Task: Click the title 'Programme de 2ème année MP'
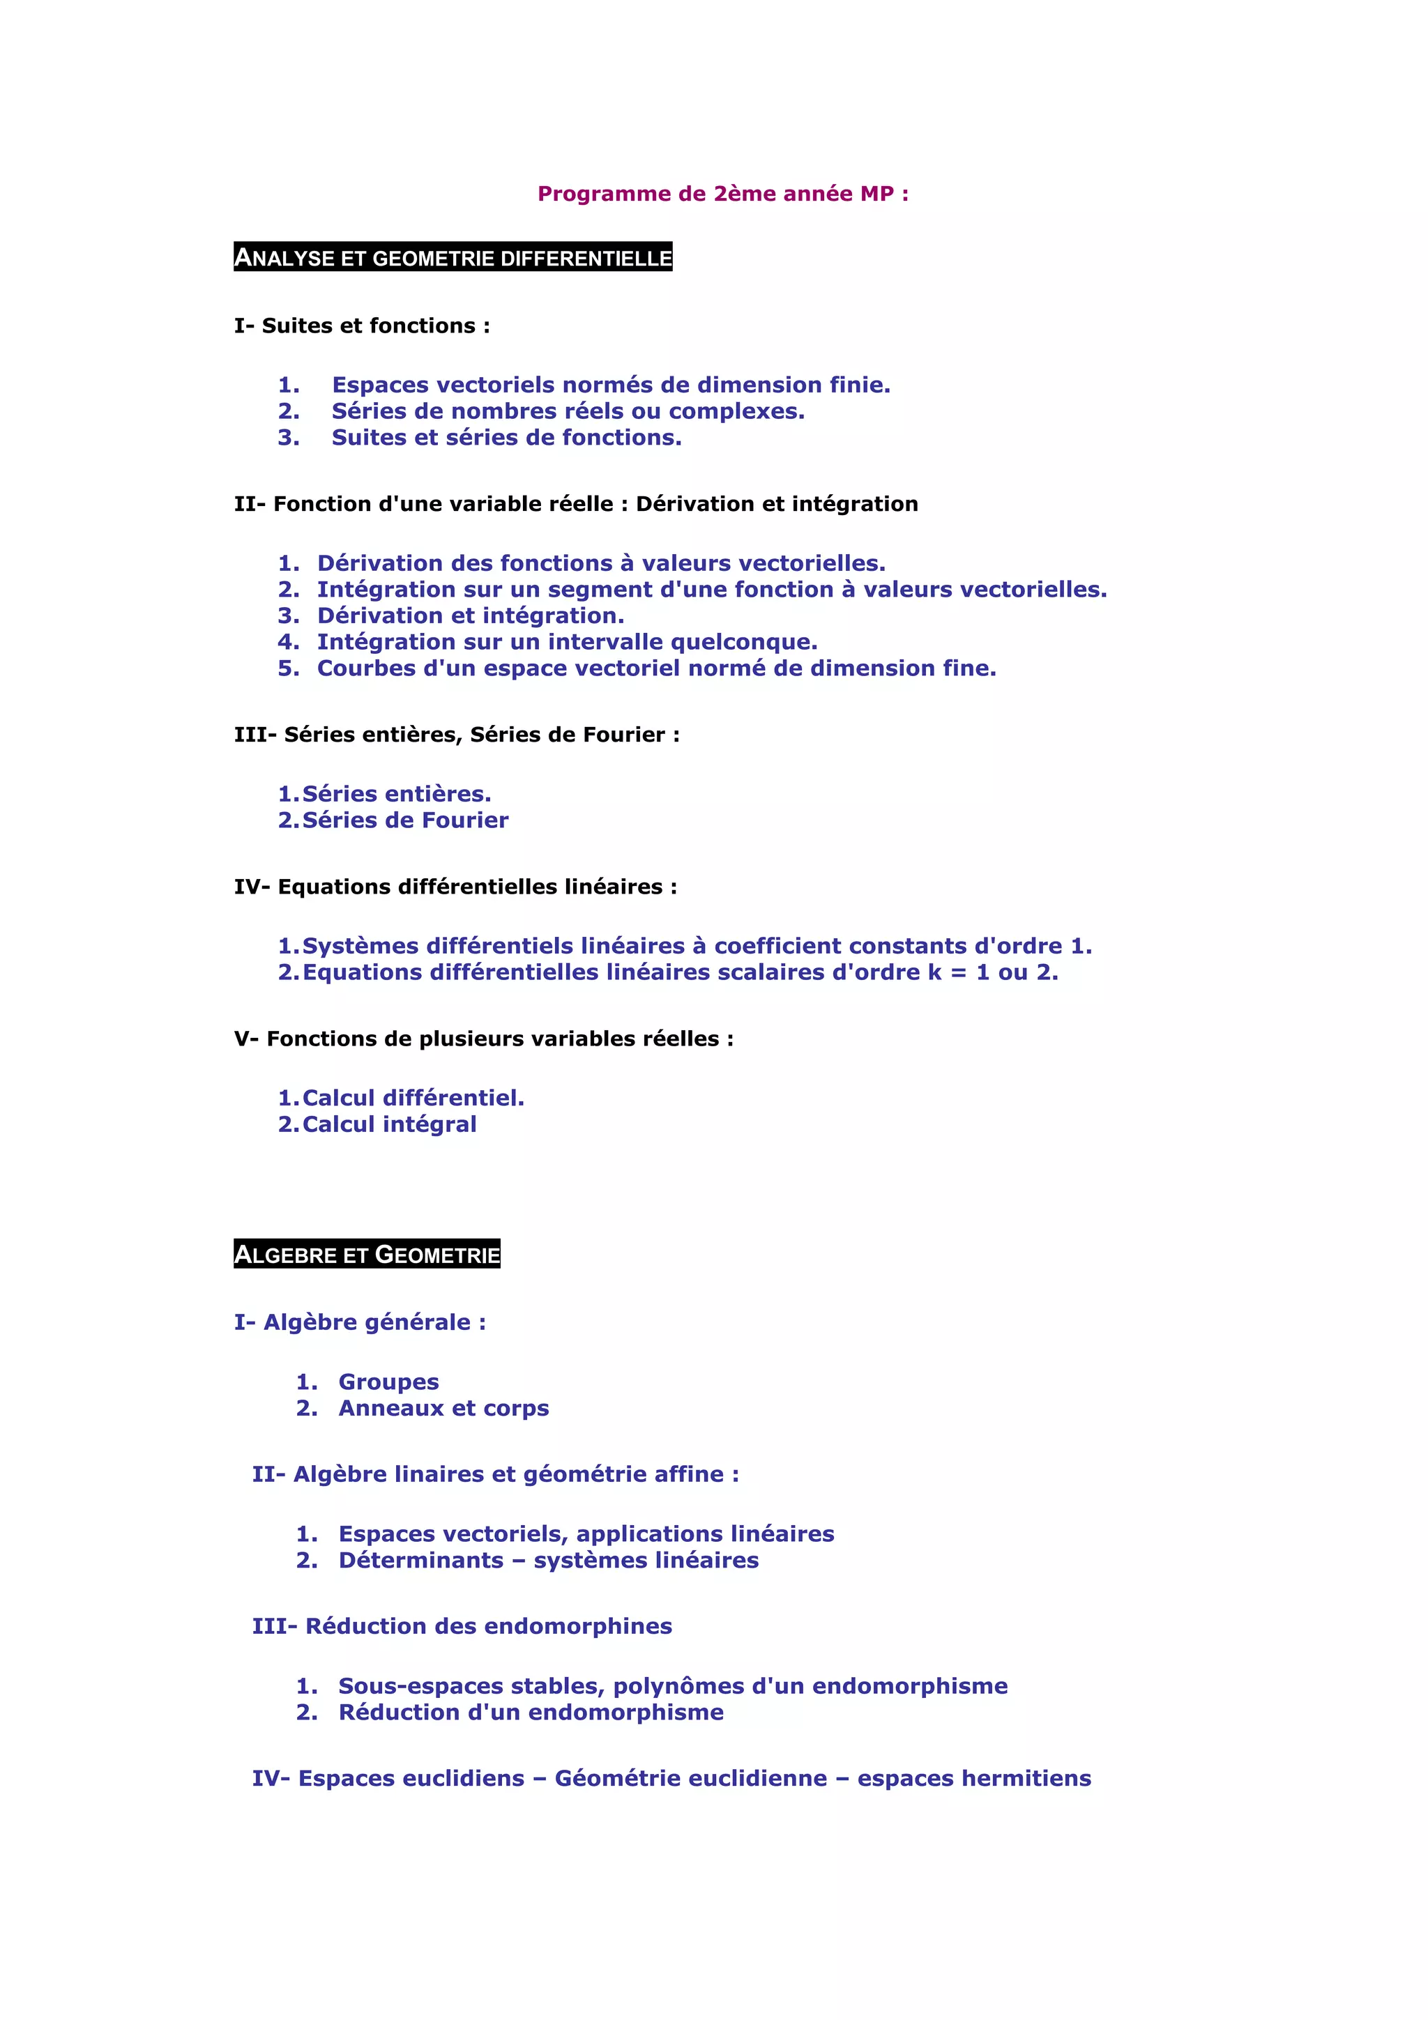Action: [x=722, y=194]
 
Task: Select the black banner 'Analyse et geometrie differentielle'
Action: [x=453, y=258]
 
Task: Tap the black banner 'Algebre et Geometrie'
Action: [x=367, y=1255]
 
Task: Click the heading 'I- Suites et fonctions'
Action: [x=362, y=326]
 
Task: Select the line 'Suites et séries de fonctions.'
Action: [x=506, y=437]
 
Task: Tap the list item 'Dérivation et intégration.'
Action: [x=470, y=616]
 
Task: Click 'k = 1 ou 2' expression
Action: [x=992, y=972]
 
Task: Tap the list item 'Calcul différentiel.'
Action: [x=413, y=1098]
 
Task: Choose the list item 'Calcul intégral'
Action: [x=389, y=1124]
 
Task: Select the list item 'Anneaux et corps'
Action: [x=443, y=1409]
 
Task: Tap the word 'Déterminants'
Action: [x=420, y=1561]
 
